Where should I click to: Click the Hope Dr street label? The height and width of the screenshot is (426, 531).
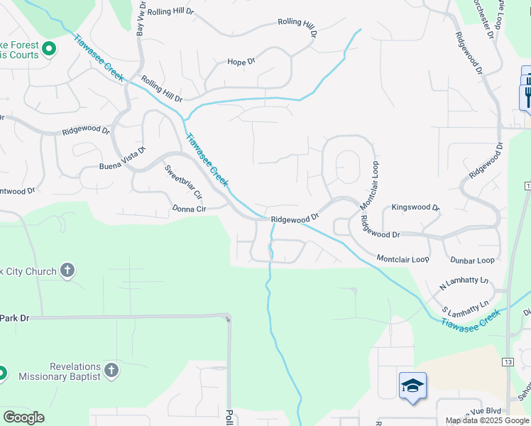tap(241, 62)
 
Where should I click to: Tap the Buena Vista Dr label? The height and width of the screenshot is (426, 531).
tap(122, 161)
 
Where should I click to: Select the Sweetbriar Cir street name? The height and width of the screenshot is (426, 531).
tap(183, 182)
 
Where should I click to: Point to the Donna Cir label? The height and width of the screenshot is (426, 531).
tap(188, 209)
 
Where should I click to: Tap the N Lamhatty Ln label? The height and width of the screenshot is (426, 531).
tap(465, 281)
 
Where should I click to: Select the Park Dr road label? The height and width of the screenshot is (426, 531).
tap(14, 317)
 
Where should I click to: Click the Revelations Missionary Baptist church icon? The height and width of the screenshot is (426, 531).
tap(111, 370)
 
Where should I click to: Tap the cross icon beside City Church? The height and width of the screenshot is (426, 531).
tap(67, 271)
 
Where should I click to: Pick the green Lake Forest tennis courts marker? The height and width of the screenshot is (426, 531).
tap(49, 49)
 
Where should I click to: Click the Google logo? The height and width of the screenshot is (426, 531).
tap(23, 417)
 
